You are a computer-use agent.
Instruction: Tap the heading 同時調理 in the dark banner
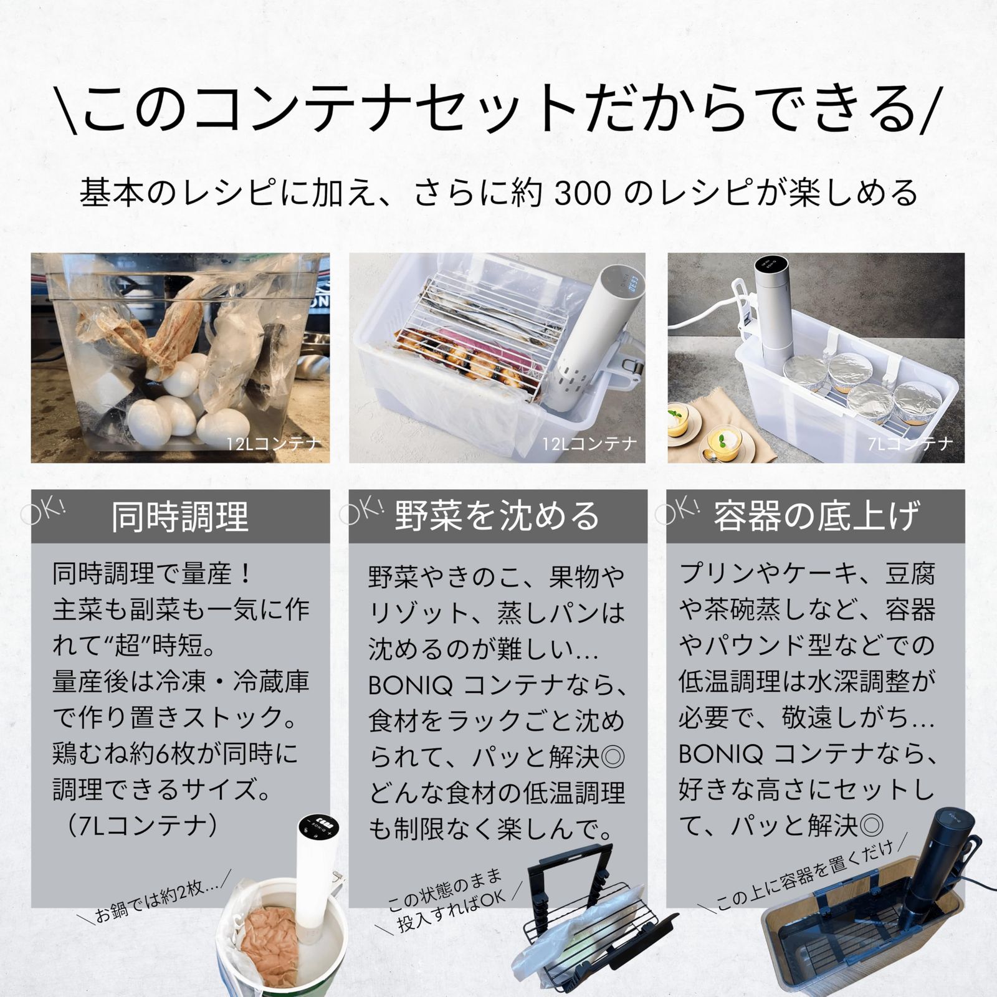click(180, 517)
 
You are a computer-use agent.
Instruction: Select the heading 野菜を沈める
click(497, 517)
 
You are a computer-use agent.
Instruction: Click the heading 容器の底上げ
click(816, 517)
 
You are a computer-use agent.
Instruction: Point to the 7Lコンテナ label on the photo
click(909, 444)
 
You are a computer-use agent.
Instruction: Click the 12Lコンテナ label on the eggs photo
click(274, 444)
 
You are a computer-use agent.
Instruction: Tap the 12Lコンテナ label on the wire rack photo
click(589, 444)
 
